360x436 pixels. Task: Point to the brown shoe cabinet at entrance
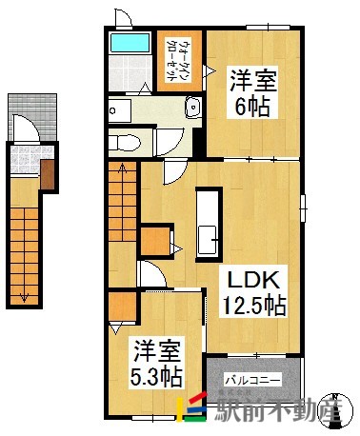pos(48,172)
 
